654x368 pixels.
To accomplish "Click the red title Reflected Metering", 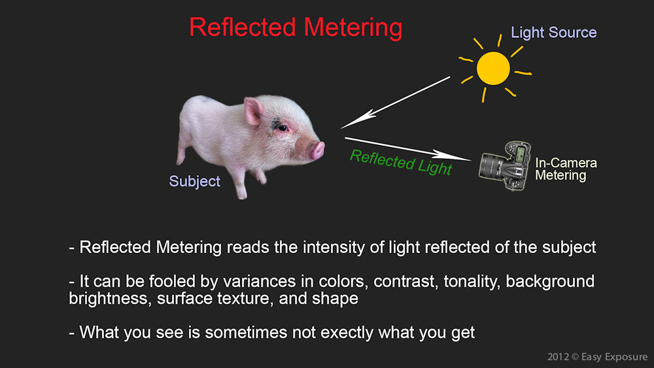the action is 296,27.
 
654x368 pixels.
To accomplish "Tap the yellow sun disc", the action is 493,69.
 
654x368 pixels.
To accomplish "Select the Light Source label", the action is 554,33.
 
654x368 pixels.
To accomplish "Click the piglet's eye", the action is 283,127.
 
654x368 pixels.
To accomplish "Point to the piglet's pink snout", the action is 317,150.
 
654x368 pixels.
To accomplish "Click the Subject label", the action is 194,181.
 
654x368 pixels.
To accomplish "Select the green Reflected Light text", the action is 401,162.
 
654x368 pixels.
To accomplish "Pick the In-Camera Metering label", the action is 566,169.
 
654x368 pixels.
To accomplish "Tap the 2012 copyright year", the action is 558,357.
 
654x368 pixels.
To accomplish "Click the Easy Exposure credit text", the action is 614,357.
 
